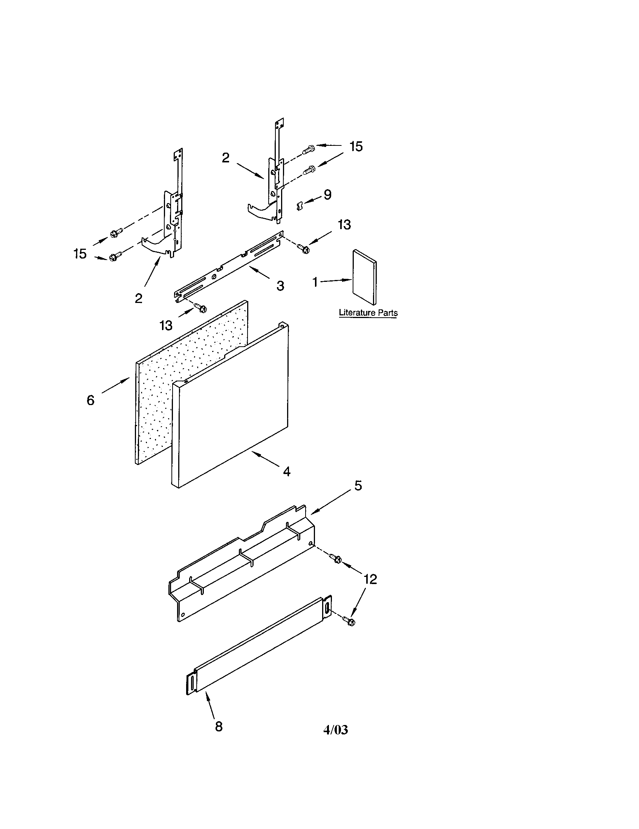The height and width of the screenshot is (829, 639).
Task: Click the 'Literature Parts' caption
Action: coord(368,313)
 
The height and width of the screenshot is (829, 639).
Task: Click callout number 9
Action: coord(327,195)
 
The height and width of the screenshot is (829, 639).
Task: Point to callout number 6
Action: coord(90,400)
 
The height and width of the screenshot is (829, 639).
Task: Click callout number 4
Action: coord(287,472)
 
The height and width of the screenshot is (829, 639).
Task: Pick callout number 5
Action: coord(358,485)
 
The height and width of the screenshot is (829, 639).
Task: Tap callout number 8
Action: coord(219,727)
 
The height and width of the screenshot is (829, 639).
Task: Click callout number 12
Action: coord(370,580)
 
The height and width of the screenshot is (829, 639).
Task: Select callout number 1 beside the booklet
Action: coord(315,282)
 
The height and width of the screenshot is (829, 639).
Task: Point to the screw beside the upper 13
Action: coord(304,249)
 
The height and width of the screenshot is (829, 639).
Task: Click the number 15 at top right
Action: coord(356,147)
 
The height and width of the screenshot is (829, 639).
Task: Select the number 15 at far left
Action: coord(80,254)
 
